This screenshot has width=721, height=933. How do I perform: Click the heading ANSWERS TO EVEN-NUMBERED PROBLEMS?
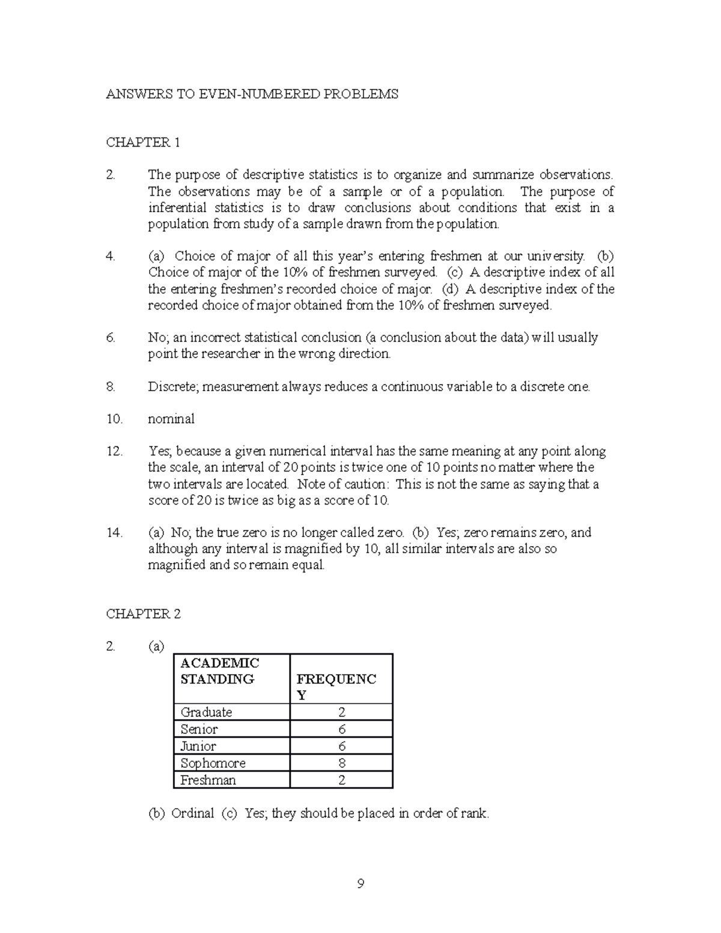(252, 94)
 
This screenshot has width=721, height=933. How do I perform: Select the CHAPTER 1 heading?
(143, 142)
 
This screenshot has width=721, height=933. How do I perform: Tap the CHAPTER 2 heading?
(143, 614)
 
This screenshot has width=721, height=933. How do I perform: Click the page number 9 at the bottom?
(360, 884)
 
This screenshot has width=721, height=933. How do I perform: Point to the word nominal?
(171, 419)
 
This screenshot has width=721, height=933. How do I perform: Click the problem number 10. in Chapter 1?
(114, 419)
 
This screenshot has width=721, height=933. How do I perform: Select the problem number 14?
(114, 533)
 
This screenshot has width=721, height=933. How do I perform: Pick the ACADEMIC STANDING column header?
(220, 671)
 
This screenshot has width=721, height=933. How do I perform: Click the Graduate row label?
(206, 713)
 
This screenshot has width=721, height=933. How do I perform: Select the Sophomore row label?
(213, 764)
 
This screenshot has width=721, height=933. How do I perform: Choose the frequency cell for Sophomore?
(341, 764)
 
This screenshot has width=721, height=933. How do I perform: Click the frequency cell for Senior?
(341, 729)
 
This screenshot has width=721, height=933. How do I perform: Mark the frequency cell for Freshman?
(341, 780)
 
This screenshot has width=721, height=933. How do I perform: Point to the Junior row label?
(198, 746)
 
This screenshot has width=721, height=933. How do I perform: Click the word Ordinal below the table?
(192, 814)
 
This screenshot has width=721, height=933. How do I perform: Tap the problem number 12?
(114, 452)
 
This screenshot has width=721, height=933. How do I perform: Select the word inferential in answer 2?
(175, 208)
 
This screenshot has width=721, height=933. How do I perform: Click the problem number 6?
(111, 338)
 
